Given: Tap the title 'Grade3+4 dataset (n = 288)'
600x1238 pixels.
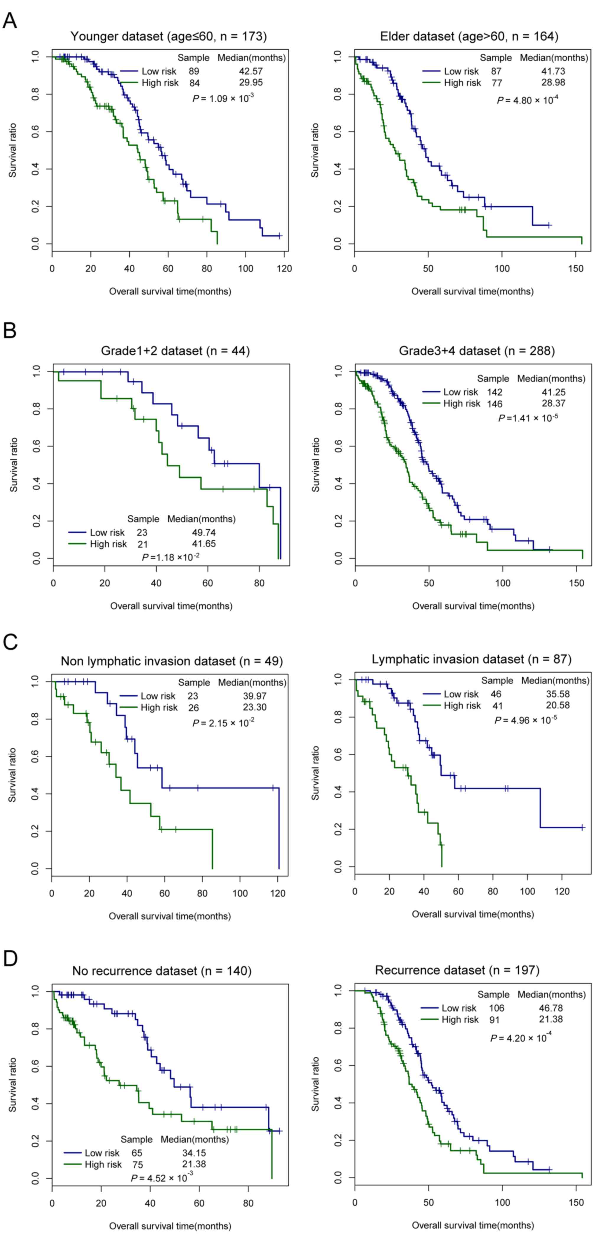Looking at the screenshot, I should (477, 351).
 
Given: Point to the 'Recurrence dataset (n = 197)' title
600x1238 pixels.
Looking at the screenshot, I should (457, 970).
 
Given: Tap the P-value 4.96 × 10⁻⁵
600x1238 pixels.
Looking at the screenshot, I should (526, 720).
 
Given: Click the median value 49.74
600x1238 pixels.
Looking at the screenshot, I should (204, 532).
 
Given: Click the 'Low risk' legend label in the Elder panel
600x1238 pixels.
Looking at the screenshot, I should (461, 71).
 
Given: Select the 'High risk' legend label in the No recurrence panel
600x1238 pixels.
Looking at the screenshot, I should (103, 1164).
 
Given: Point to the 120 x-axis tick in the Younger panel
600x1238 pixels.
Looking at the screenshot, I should (284, 268).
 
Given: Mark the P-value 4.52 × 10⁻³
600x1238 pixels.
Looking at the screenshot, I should (162, 1178).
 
